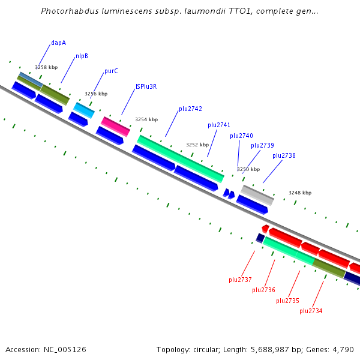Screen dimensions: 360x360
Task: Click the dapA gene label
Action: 58,43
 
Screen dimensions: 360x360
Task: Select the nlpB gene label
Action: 82,56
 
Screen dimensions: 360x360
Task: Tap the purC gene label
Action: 111,71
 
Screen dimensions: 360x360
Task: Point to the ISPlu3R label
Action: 146,86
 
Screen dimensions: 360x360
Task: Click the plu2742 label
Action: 190,109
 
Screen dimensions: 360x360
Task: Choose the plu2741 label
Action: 219,125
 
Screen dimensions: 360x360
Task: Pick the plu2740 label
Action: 241,136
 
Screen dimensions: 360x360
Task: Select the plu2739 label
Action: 262,145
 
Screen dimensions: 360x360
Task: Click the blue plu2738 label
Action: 284,155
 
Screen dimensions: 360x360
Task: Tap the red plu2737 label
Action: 240,280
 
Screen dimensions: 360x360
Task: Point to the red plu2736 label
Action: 263,290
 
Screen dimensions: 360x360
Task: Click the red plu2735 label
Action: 287,301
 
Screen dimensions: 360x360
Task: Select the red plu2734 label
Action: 311,311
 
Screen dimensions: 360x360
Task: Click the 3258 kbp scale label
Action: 46,67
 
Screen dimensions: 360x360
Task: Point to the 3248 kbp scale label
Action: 300,193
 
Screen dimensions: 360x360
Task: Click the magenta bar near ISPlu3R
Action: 115,127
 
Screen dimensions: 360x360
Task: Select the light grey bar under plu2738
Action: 257,195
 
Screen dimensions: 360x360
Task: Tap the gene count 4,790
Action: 341,349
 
